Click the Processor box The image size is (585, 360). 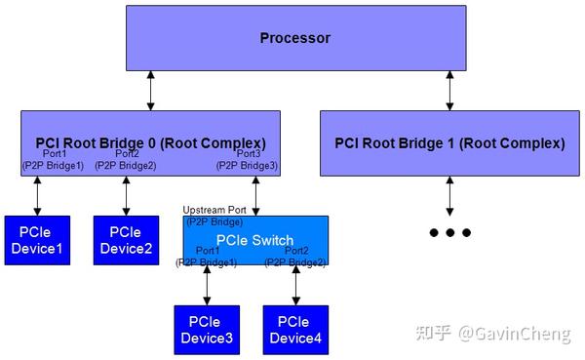pyautogui.click(x=294, y=39)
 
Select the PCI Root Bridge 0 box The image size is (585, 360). pyautogui.click(x=150, y=142)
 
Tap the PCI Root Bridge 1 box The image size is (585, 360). pyautogui.click(x=449, y=142)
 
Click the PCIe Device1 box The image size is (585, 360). pyautogui.click(x=37, y=240)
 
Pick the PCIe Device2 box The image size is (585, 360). pyautogui.click(x=125, y=240)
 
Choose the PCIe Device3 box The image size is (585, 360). pyautogui.click(x=207, y=330)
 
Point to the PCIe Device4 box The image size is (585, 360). pyautogui.click(x=295, y=330)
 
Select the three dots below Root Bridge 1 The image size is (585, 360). pyautogui.click(x=449, y=232)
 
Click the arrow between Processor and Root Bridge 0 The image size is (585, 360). pyautogui.click(x=150, y=91)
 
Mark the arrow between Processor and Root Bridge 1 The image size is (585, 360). pyautogui.click(x=449, y=91)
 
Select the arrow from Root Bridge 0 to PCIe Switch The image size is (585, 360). pyautogui.click(x=256, y=195)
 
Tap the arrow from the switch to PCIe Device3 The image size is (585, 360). pyautogui.click(x=207, y=285)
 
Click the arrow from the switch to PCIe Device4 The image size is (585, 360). pyautogui.click(x=295, y=285)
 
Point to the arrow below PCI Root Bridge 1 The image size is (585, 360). pyautogui.click(x=449, y=196)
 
